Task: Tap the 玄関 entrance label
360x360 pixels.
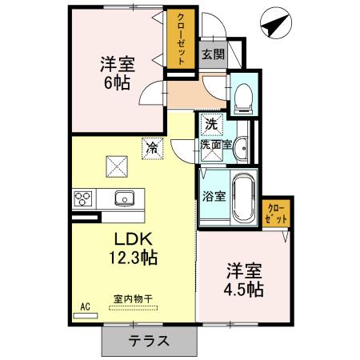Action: [213, 54]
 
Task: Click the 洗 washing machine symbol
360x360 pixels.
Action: [210, 124]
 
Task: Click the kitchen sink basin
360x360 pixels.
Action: [124, 198]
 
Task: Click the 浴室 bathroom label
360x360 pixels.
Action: [212, 194]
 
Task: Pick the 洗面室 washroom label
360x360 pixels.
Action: [215, 146]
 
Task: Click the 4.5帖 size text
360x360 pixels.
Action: [244, 288]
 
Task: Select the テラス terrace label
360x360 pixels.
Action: [148, 340]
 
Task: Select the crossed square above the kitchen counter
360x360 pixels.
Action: [118, 166]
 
